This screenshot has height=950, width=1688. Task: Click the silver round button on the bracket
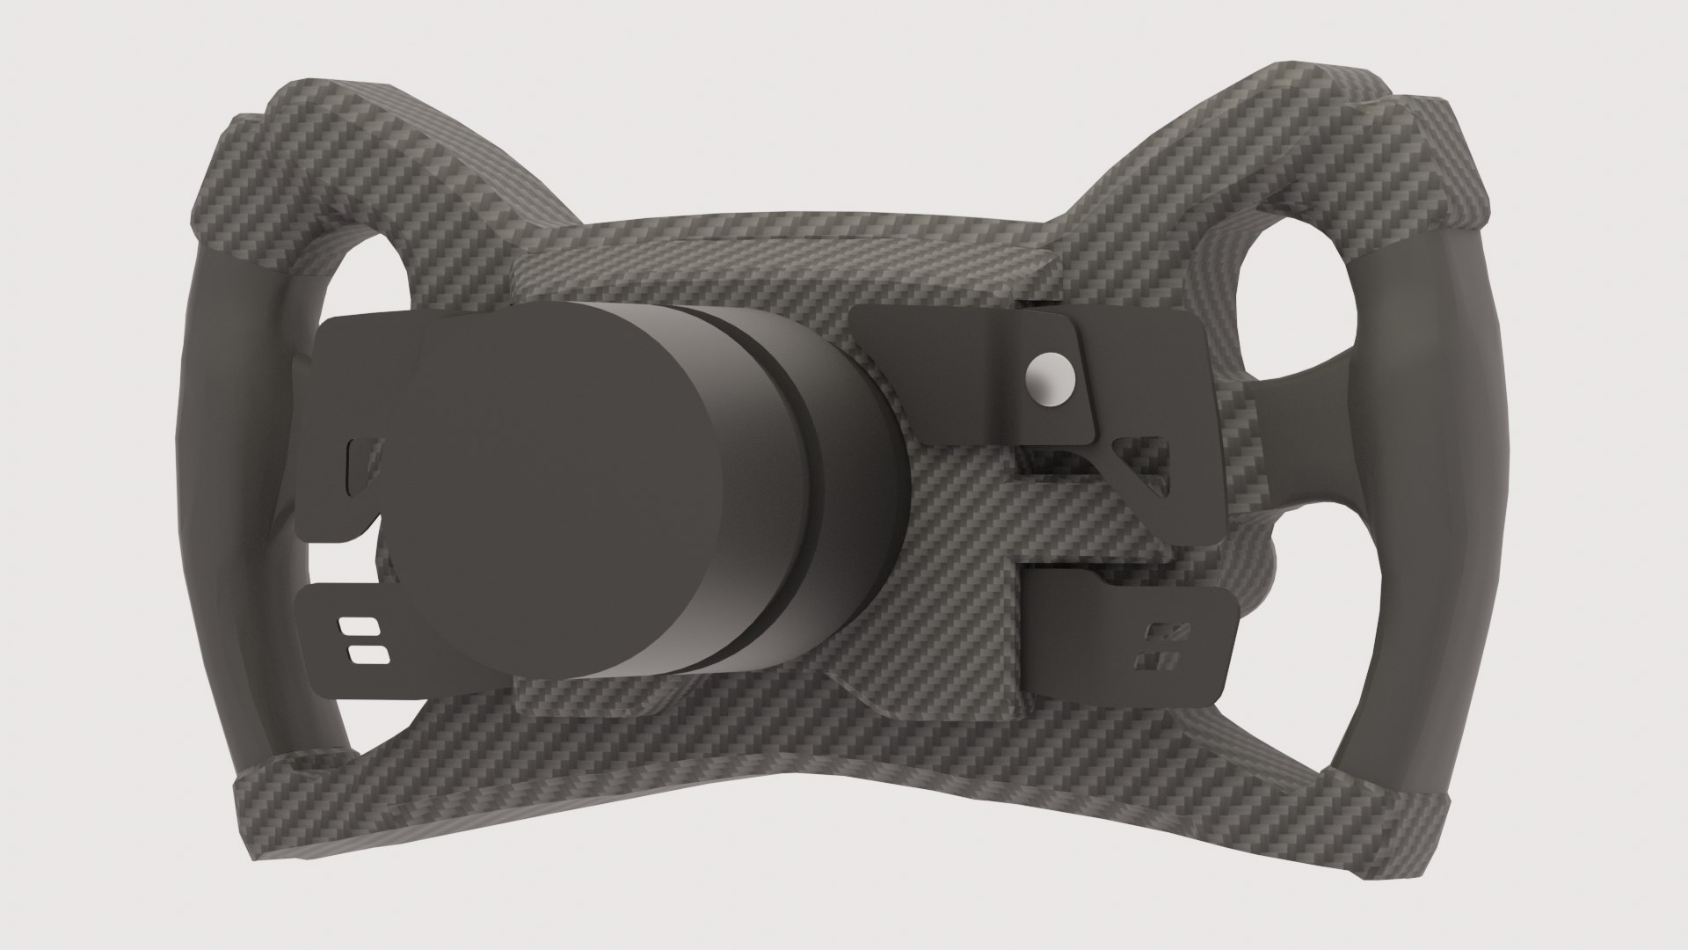pyautogui.click(x=1048, y=380)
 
